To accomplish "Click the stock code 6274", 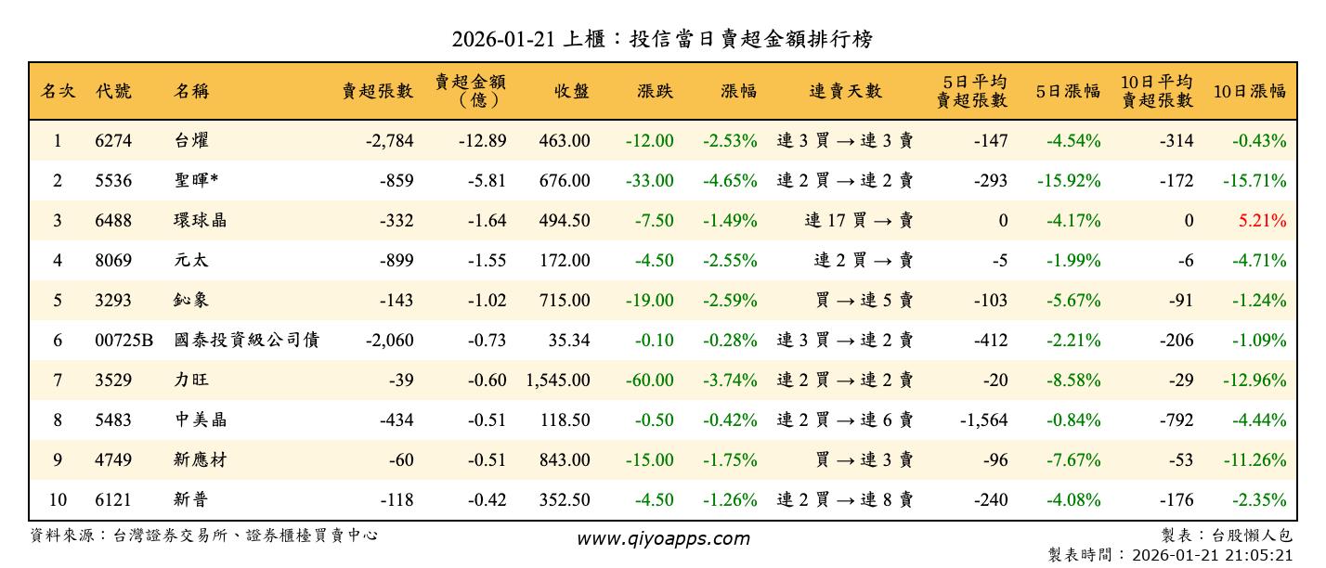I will coord(113,141).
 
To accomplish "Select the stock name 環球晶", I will coord(200,221).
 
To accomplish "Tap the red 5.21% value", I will coord(1262,221).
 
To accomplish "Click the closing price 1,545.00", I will coord(557,381).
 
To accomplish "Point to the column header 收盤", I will coord(572,91).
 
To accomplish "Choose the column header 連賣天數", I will coord(845,91).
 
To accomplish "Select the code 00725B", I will coord(123,341).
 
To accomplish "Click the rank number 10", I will coord(58,500).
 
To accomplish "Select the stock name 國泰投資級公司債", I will coord(246,341).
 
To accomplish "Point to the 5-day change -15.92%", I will coord(1068,181).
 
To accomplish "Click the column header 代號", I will coord(113,91).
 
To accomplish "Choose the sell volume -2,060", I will coord(389,341).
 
